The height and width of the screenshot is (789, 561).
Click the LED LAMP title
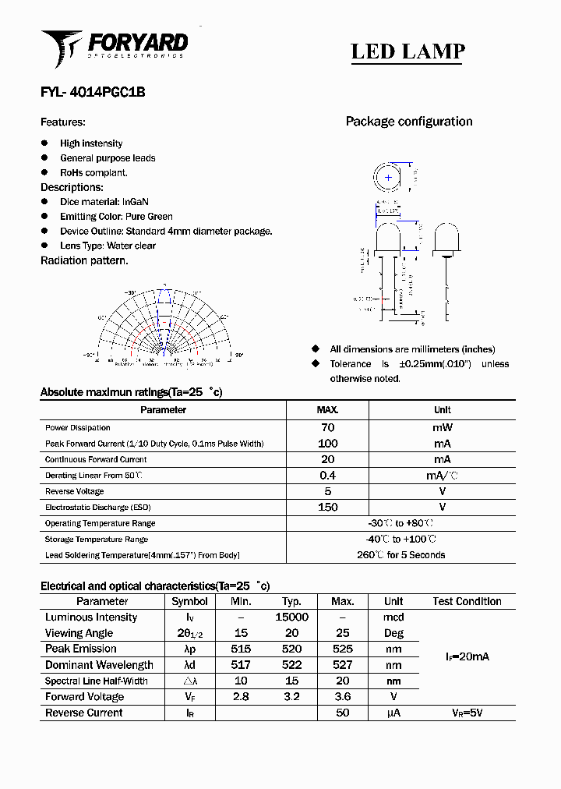408,51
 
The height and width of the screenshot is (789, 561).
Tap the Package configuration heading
408,122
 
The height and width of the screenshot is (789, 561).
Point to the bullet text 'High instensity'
91,143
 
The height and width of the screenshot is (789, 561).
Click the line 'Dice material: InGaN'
104,202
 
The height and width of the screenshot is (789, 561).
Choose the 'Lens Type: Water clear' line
108,246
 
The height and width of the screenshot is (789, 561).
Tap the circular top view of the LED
388,178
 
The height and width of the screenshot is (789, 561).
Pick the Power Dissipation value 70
328,427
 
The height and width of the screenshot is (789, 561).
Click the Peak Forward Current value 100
328,444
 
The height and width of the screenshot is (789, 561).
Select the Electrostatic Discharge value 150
328,508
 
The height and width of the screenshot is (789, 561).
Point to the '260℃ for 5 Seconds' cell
401,555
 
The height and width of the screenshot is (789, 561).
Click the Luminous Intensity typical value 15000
292,617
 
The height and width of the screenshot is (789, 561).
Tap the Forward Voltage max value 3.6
343,696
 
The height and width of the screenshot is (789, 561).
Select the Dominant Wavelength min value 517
241,665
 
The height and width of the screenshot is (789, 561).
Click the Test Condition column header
467,601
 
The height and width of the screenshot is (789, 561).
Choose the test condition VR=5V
467,713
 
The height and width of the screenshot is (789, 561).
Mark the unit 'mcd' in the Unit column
393,617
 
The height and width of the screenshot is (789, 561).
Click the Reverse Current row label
83,713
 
